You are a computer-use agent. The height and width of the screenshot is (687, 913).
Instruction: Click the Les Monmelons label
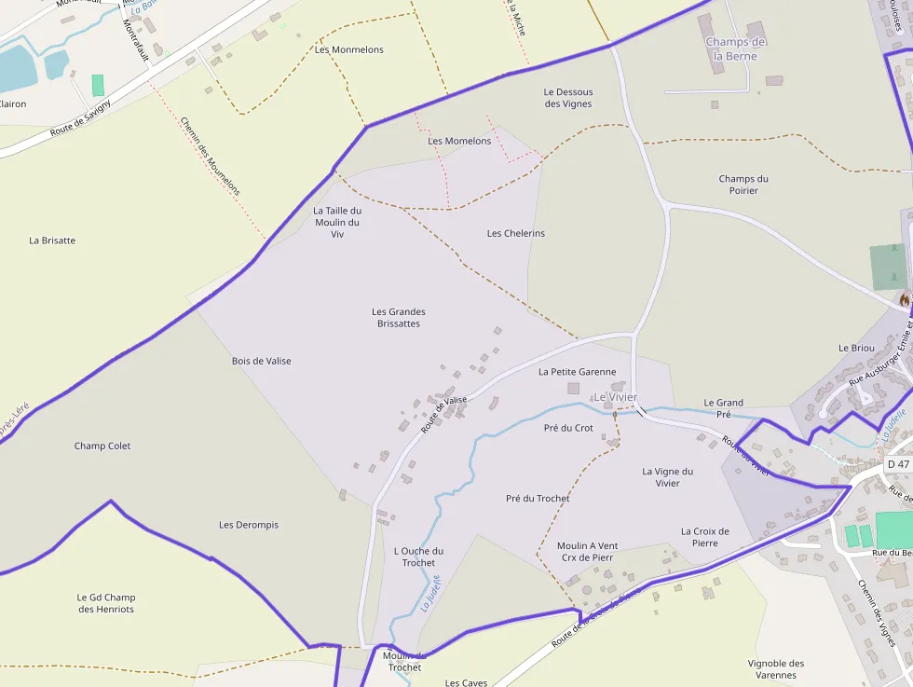point(348,49)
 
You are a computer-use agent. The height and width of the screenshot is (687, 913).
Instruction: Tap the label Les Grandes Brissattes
point(399,318)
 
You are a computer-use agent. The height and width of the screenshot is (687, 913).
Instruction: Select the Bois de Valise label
point(261,361)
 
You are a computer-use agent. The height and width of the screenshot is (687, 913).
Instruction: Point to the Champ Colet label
point(102,446)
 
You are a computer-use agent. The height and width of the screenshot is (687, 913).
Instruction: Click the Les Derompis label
point(249,525)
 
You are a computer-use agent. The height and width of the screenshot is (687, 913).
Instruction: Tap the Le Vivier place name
point(615,397)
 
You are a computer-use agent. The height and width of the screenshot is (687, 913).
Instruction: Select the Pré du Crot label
point(568,428)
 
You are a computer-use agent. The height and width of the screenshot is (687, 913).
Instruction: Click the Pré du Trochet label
point(538,498)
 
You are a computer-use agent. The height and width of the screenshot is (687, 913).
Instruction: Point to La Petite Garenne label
point(577,371)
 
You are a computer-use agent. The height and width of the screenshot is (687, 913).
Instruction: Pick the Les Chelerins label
point(516,233)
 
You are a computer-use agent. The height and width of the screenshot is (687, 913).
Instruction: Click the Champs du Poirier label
point(743,185)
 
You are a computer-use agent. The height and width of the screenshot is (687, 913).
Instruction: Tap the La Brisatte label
point(52,240)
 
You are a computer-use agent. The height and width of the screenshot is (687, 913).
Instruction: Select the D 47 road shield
point(897,463)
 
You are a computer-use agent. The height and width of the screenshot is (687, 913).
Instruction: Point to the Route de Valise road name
point(443,414)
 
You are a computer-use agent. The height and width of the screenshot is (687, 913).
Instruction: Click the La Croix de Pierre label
point(705,537)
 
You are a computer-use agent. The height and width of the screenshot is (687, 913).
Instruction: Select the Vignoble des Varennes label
point(776,669)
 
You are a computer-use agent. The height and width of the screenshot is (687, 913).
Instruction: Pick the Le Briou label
point(856,348)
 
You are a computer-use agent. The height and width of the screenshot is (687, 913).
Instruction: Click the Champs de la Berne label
point(735,48)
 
